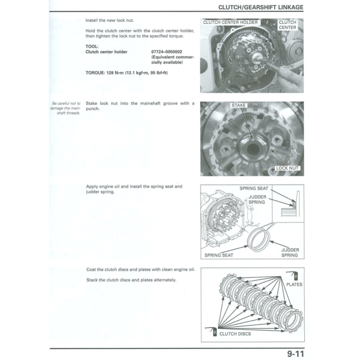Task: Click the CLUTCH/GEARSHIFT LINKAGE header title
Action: (261, 7)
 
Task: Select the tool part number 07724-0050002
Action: (167, 52)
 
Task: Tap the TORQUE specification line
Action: (127, 73)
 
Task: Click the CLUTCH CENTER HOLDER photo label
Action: (231, 22)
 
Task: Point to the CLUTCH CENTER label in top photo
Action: (287, 25)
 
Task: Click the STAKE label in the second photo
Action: (239, 105)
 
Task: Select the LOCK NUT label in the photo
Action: (287, 168)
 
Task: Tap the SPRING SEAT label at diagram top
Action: (254, 188)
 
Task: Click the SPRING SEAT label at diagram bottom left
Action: (219, 255)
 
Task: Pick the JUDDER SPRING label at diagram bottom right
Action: (290, 252)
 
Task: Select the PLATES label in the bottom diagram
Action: (294, 284)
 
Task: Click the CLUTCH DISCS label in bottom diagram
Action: (235, 334)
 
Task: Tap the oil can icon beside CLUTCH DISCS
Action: (213, 332)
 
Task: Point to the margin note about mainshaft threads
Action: (65, 108)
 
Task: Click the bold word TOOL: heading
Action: (92, 46)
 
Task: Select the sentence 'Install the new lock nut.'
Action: (110, 20)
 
